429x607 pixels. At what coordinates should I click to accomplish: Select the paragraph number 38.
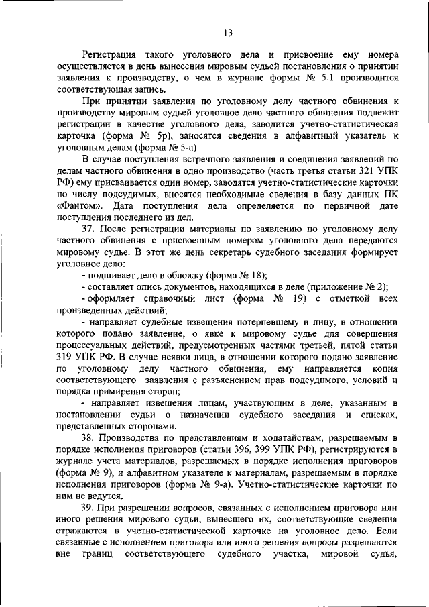point(89,437)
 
